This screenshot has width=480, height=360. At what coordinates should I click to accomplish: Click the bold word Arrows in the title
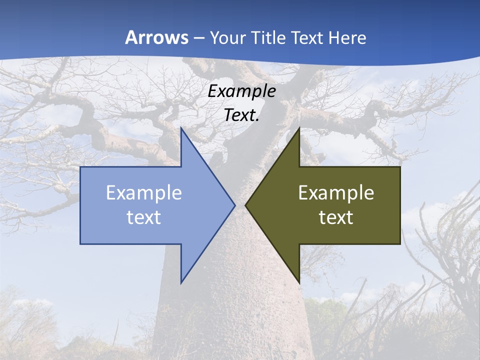[156, 37]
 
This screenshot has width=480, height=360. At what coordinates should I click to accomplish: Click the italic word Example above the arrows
[241, 91]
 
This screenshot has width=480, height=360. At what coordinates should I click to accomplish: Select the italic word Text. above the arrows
[241, 115]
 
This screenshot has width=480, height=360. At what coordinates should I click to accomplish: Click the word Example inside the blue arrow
[144, 192]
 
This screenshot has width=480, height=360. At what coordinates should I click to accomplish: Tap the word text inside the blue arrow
[144, 217]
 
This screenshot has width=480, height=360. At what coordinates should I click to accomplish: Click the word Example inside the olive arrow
[336, 192]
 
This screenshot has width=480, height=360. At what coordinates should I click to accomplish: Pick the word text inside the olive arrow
[336, 217]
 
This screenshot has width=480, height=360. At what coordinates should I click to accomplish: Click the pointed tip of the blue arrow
[235, 205]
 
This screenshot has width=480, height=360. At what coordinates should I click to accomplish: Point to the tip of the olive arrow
[245, 205]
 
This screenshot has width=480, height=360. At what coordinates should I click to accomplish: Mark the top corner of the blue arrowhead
[181, 128]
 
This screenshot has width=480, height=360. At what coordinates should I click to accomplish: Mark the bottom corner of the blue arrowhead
[181, 283]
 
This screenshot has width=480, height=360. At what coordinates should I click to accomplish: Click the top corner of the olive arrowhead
[299, 128]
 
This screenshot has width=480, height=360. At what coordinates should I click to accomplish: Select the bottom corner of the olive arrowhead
[299, 283]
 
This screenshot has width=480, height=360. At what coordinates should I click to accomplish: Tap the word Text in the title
[307, 37]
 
